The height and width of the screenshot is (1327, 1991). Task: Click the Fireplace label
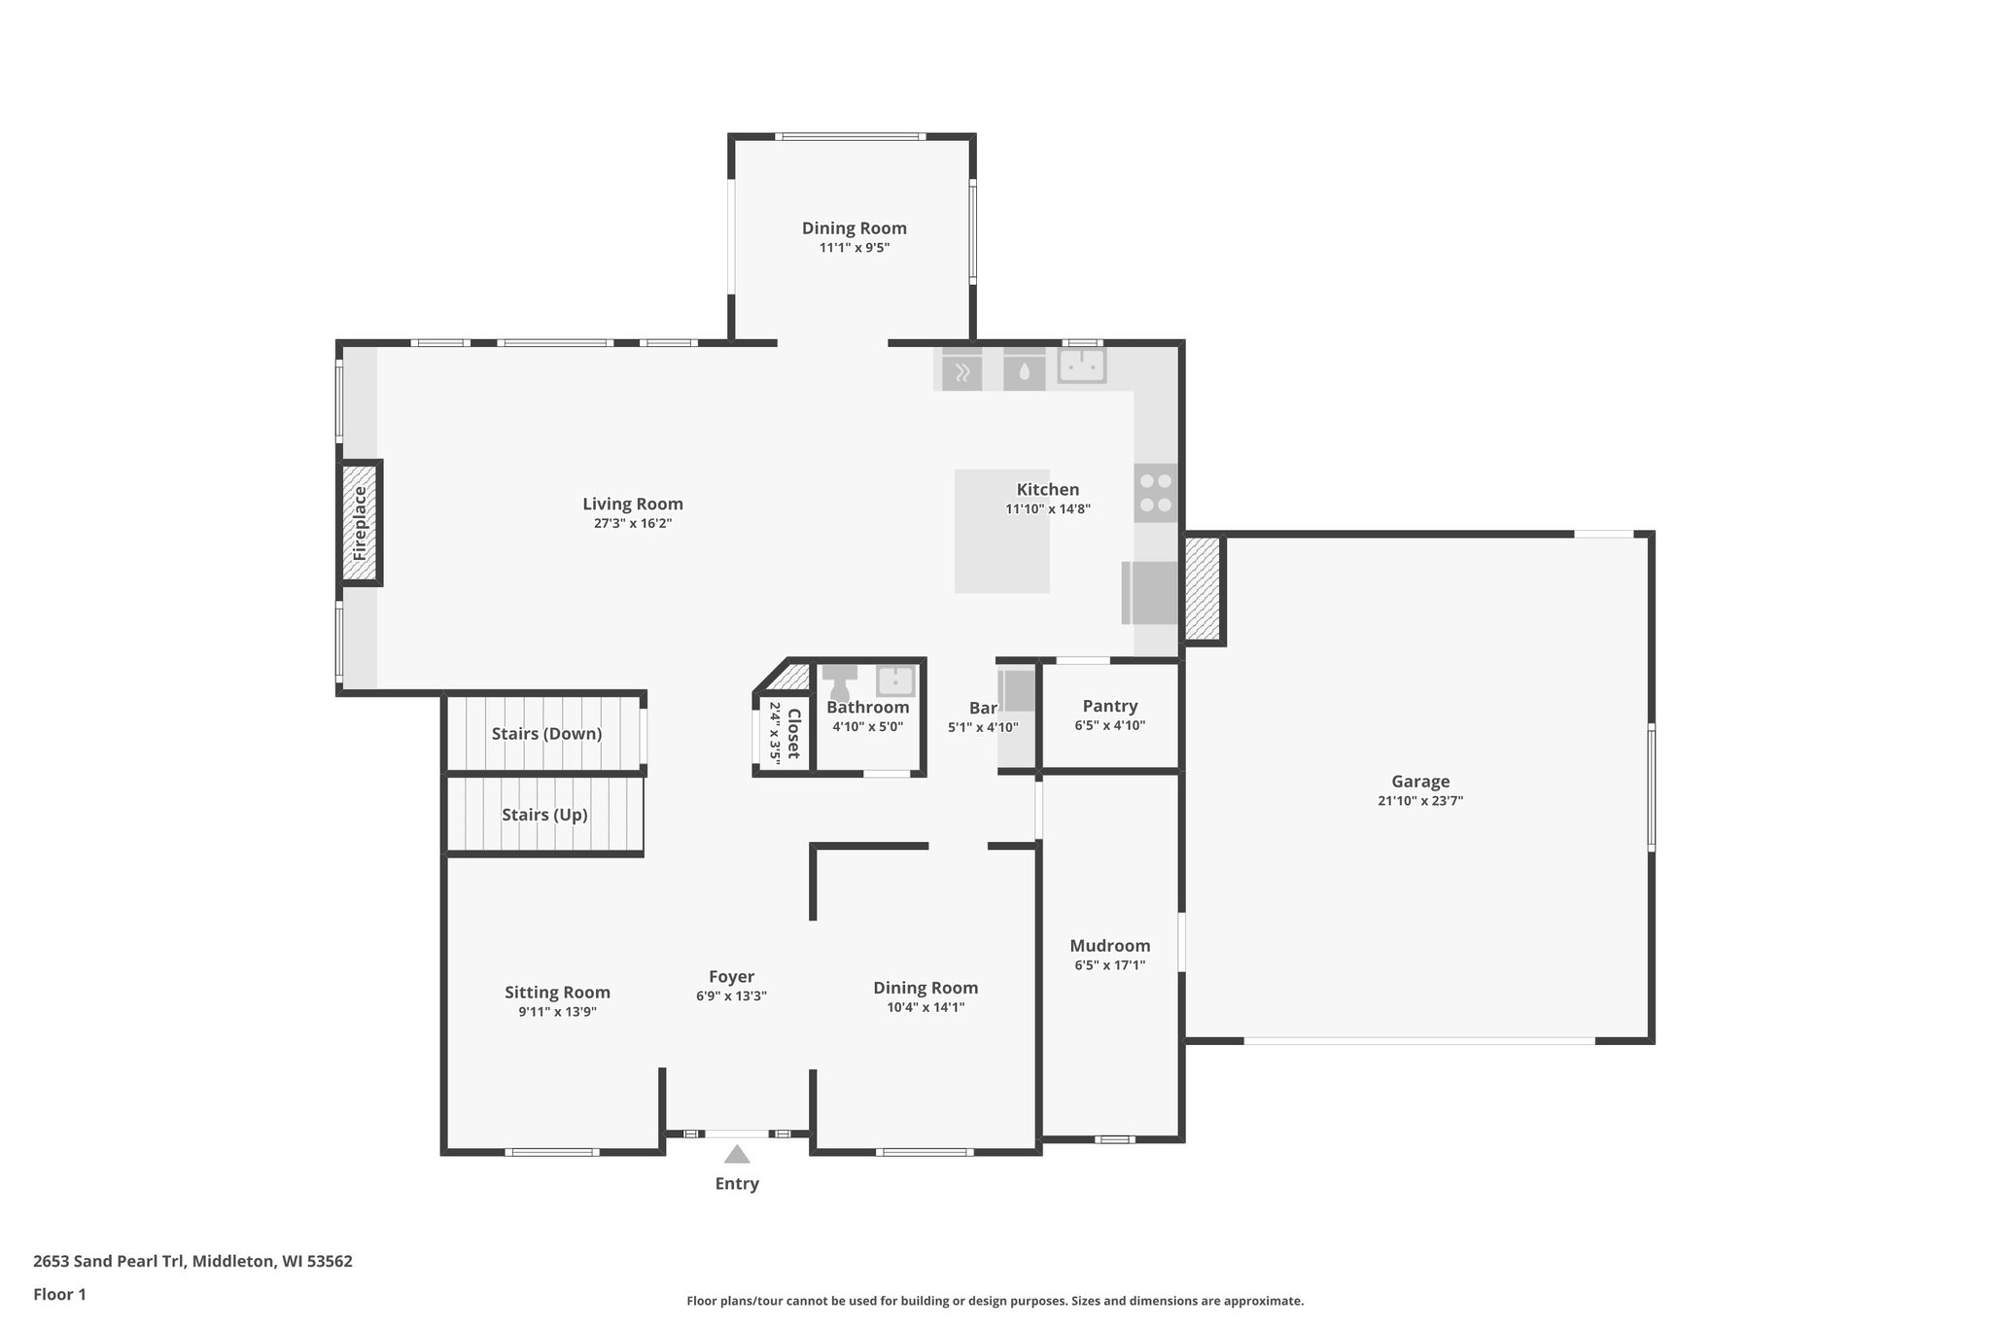pos(360,523)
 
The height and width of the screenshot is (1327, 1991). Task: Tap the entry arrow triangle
pos(737,1154)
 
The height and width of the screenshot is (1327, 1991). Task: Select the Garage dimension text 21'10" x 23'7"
pos(1419,801)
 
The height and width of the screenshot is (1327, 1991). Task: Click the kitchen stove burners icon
pos(1155,493)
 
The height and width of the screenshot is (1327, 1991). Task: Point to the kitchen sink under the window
pos(1081,367)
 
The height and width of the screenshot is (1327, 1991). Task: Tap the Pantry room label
pos(1109,706)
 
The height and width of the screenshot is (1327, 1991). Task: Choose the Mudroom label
pos(1109,945)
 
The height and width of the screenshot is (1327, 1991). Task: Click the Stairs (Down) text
pos(546,734)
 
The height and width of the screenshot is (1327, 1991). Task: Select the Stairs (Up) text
pos(544,815)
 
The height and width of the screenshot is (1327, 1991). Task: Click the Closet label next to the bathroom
pos(793,733)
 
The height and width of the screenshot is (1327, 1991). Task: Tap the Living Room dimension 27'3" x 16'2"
pos(633,523)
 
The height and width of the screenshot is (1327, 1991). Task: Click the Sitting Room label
pos(557,992)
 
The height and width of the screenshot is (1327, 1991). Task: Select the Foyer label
pos(731,976)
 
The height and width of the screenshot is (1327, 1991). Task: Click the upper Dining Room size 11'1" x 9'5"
pos(854,248)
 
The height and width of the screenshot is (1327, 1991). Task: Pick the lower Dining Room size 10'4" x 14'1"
pos(925,1007)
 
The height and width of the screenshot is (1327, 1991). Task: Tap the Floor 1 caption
pos(59,1294)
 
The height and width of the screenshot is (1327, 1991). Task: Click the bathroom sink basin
pos(894,681)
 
